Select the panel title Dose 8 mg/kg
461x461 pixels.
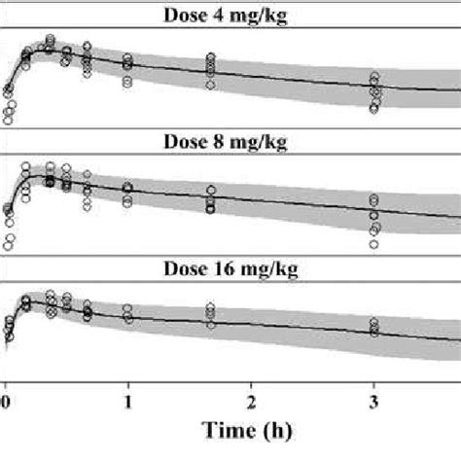pyautogui.click(x=230, y=142)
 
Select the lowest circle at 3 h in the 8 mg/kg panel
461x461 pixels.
pyautogui.click(x=374, y=244)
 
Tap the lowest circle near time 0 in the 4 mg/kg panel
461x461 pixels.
pyautogui.click(x=8, y=121)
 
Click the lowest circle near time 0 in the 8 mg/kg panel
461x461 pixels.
pyautogui.click(x=8, y=246)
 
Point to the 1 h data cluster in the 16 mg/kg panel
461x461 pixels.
pyautogui.click(x=128, y=313)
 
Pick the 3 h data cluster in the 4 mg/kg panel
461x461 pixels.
pyautogui.click(x=374, y=92)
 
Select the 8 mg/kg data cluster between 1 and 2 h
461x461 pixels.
pyautogui.click(x=210, y=200)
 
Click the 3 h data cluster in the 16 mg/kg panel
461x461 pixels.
pyautogui.click(x=374, y=327)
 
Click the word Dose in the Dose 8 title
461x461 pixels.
pyautogui.click(x=192, y=142)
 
